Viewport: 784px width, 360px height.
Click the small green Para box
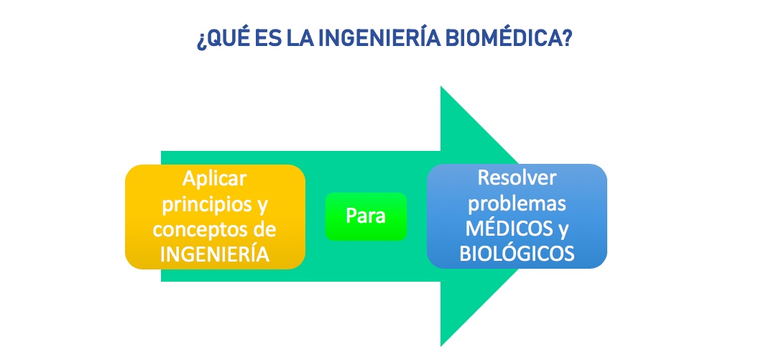point(366,216)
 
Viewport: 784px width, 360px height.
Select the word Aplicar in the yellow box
point(214,178)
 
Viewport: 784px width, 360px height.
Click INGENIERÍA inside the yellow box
point(215,254)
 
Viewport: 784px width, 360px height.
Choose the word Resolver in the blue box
point(517,178)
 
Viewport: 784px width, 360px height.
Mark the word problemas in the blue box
point(517,204)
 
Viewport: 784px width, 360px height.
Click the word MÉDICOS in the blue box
point(509,229)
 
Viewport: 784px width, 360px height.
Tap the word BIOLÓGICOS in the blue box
point(517,254)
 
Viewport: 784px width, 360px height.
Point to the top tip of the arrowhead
point(441,86)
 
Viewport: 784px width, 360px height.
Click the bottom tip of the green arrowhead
point(441,346)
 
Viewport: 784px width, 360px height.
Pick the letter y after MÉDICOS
point(563,231)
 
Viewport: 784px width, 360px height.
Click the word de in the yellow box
point(266,230)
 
